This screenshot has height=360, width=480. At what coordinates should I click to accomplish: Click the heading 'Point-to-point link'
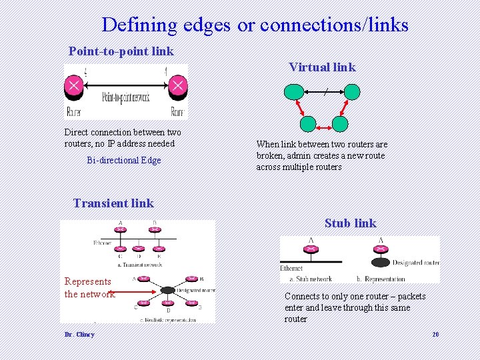121,51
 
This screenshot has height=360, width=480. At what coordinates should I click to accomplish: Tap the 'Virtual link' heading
322,67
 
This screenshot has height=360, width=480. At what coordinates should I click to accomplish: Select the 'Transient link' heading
113,203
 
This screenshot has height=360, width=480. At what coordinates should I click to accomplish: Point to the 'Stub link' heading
350,223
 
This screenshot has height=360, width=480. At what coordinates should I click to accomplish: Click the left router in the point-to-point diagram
74,85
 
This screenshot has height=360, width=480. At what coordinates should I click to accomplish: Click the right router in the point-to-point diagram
177,85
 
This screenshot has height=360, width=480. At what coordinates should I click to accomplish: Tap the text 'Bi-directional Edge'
124,160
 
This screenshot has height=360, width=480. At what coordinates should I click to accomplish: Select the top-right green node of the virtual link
352,92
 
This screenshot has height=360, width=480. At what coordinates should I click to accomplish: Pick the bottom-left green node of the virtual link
307,124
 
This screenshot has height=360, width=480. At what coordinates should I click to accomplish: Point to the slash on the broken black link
325,93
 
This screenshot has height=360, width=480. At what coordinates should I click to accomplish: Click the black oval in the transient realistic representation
167,290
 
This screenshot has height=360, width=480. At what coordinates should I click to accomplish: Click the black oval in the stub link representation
381,263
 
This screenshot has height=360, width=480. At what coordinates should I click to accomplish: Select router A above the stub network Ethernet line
311,249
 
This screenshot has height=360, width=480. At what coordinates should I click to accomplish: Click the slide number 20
435,335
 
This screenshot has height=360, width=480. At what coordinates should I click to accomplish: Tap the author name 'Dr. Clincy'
79,335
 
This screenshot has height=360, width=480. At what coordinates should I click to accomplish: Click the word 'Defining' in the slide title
139,25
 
